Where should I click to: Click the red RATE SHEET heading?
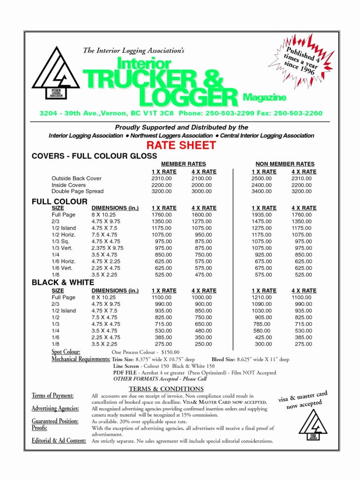(x=181, y=145)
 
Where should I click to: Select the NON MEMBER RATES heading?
(x=284, y=164)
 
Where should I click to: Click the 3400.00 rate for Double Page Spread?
(x=262, y=191)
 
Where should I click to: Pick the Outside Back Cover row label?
(x=76, y=178)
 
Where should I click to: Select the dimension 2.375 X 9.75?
(x=107, y=247)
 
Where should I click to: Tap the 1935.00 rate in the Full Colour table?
(x=262, y=215)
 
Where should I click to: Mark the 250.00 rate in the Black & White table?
(x=203, y=343)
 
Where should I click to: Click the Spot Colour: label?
(x=66, y=351)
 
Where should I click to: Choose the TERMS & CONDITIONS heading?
(x=166, y=388)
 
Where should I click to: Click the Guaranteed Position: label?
(x=55, y=421)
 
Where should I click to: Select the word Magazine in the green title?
(x=265, y=96)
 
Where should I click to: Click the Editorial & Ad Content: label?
(x=59, y=440)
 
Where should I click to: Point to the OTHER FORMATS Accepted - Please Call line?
(x=160, y=379)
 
